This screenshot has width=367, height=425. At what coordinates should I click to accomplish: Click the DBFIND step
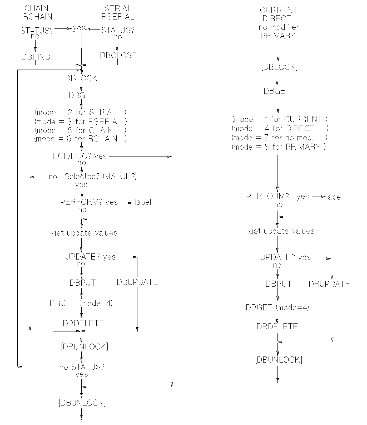click(x=36, y=57)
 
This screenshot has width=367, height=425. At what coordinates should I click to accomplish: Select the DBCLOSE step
click(x=118, y=55)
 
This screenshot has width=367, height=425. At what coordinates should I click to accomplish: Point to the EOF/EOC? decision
click(x=72, y=156)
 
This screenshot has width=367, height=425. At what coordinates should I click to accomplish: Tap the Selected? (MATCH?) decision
click(x=101, y=176)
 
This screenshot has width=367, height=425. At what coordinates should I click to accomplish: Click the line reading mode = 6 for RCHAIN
click(x=80, y=139)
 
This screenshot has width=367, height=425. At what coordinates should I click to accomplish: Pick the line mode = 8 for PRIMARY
click(x=279, y=147)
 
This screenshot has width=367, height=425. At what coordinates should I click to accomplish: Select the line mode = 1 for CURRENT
click(x=280, y=119)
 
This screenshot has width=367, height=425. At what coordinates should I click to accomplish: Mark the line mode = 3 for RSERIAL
click(x=81, y=121)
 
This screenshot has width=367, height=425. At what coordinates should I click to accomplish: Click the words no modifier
click(x=279, y=27)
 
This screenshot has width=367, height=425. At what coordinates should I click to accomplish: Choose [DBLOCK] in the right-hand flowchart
click(x=279, y=67)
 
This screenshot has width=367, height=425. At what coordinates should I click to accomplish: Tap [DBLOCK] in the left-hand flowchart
click(x=82, y=78)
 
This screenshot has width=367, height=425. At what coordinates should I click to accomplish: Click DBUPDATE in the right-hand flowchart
click(x=329, y=284)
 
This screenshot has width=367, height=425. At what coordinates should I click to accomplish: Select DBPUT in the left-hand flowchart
click(x=82, y=283)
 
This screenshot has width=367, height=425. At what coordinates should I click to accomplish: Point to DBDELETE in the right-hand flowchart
click(x=277, y=326)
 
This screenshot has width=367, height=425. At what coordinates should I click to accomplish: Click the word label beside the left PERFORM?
click(x=143, y=202)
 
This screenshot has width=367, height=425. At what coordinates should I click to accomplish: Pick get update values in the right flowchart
click(x=282, y=231)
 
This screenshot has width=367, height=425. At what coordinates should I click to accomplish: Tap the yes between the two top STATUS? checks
click(x=79, y=28)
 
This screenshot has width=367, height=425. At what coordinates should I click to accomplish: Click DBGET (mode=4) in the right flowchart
click(x=277, y=307)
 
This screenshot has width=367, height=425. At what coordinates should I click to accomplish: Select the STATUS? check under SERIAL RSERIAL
click(x=118, y=30)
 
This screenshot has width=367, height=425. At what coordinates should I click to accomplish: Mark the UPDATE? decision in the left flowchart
click(x=78, y=257)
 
